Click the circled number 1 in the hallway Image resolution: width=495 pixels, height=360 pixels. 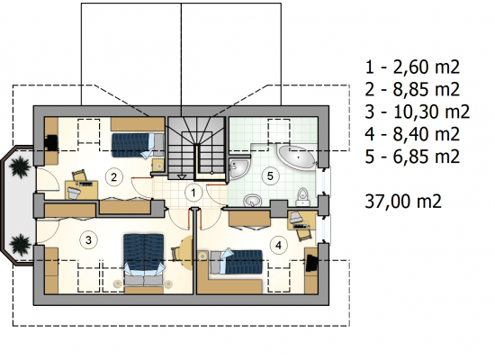pyautogui.click(x=193, y=193)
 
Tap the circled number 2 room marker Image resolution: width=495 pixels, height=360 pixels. pyautogui.click(x=114, y=176)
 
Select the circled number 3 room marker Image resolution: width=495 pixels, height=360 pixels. pyautogui.click(x=88, y=240)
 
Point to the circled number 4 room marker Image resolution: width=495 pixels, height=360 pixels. pyautogui.click(x=278, y=245)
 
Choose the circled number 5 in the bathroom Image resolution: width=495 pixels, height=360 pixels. pyautogui.click(x=270, y=175)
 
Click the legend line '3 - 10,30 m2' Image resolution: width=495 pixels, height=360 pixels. pyautogui.click(x=418, y=112)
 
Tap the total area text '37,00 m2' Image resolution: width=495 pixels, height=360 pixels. pyautogui.click(x=403, y=202)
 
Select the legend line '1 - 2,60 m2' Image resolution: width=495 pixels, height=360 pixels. pyautogui.click(x=412, y=67)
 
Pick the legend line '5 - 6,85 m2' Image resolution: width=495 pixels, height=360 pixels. pyautogui.click(x=412, y=157)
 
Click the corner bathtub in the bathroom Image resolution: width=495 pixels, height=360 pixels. pyautogui.click(x=298, y=157)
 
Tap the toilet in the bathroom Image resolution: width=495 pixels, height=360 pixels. pyautogui.click(x=303, y=197)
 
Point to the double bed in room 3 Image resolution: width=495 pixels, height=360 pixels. pyautogui.click(x=144, y=258)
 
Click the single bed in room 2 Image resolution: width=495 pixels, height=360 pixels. pyautogui.click(x=138, y=145)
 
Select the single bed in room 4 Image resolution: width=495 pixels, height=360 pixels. pyautogui.click(x=236, y=262)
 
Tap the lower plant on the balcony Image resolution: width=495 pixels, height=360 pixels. pyautogui.click(x=21, y=245)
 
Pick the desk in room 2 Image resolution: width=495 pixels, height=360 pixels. pyautogui.click(x=81, y=190)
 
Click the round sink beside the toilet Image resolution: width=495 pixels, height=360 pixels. pyautogui.click(x=253, y=201)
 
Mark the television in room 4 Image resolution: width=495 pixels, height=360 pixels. pyautogui.click(x=311, y=260)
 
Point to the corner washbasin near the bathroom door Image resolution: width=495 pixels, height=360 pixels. pyautogui.click(x=238, y=168)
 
